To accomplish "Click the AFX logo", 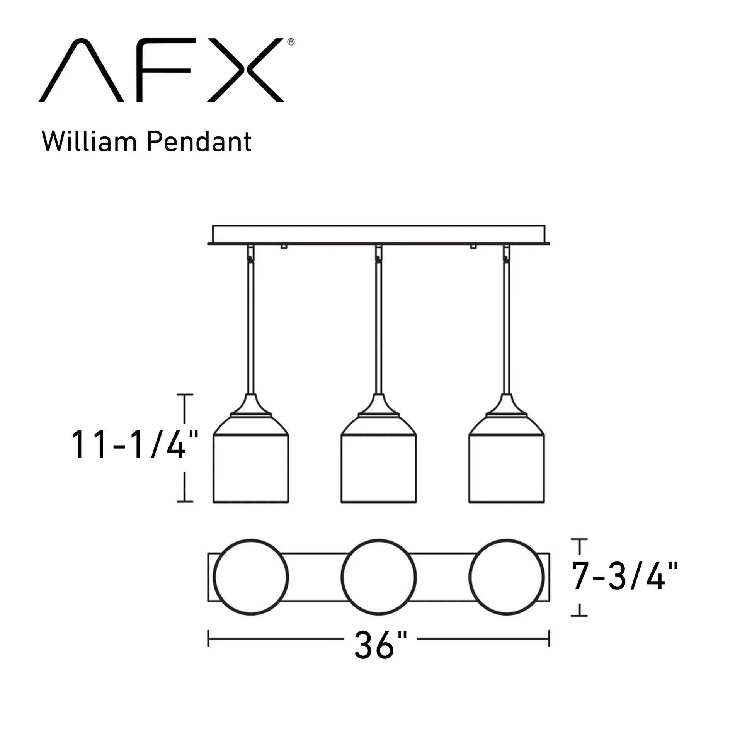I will [162, 70].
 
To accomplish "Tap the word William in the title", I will [89, 142].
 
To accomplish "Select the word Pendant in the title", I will [199, 142].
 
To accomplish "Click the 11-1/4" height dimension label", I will [134, 445].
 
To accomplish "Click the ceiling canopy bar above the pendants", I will [379, 234].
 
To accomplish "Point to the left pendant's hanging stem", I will [251, 327].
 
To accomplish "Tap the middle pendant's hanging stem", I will [379, 327].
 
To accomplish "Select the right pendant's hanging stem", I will [506, 327].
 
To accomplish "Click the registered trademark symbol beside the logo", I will [291, 42].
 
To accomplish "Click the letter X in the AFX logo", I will [246, 70].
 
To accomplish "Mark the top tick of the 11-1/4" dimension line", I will [185, 395].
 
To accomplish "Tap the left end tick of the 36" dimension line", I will [209, 638].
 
